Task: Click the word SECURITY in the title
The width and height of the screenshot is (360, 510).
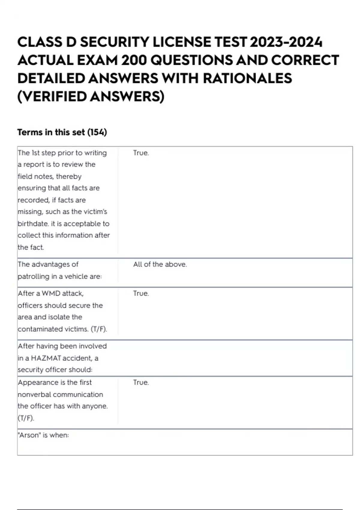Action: (x=114, y=42)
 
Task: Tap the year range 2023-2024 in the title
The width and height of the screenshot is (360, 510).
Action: (x=286, y=42)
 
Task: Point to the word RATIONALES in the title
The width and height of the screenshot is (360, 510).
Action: (x=247, y=79)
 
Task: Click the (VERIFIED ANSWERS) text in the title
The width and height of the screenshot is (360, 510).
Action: (x=91, y=97)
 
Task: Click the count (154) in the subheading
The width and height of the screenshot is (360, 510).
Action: (x=97, y=132)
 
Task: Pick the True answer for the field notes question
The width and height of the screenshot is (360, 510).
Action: (x=141, y=153)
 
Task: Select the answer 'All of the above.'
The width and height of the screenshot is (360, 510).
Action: (x=160, y=265)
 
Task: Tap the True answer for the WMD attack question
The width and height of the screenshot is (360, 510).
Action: (x=141, y=293)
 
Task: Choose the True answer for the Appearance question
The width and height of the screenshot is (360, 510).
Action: (x=141, y=382)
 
